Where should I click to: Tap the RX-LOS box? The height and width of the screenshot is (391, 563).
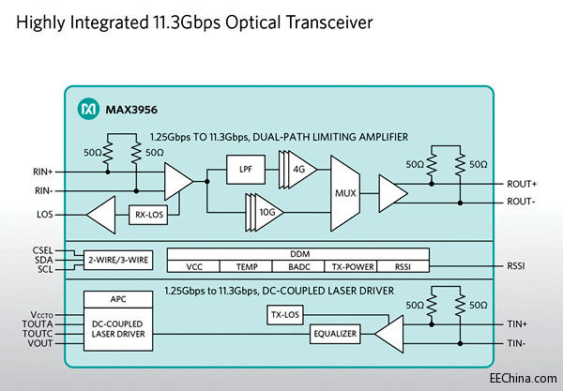click(148, 217)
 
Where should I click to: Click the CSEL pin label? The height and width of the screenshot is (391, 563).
click(43, 250)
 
